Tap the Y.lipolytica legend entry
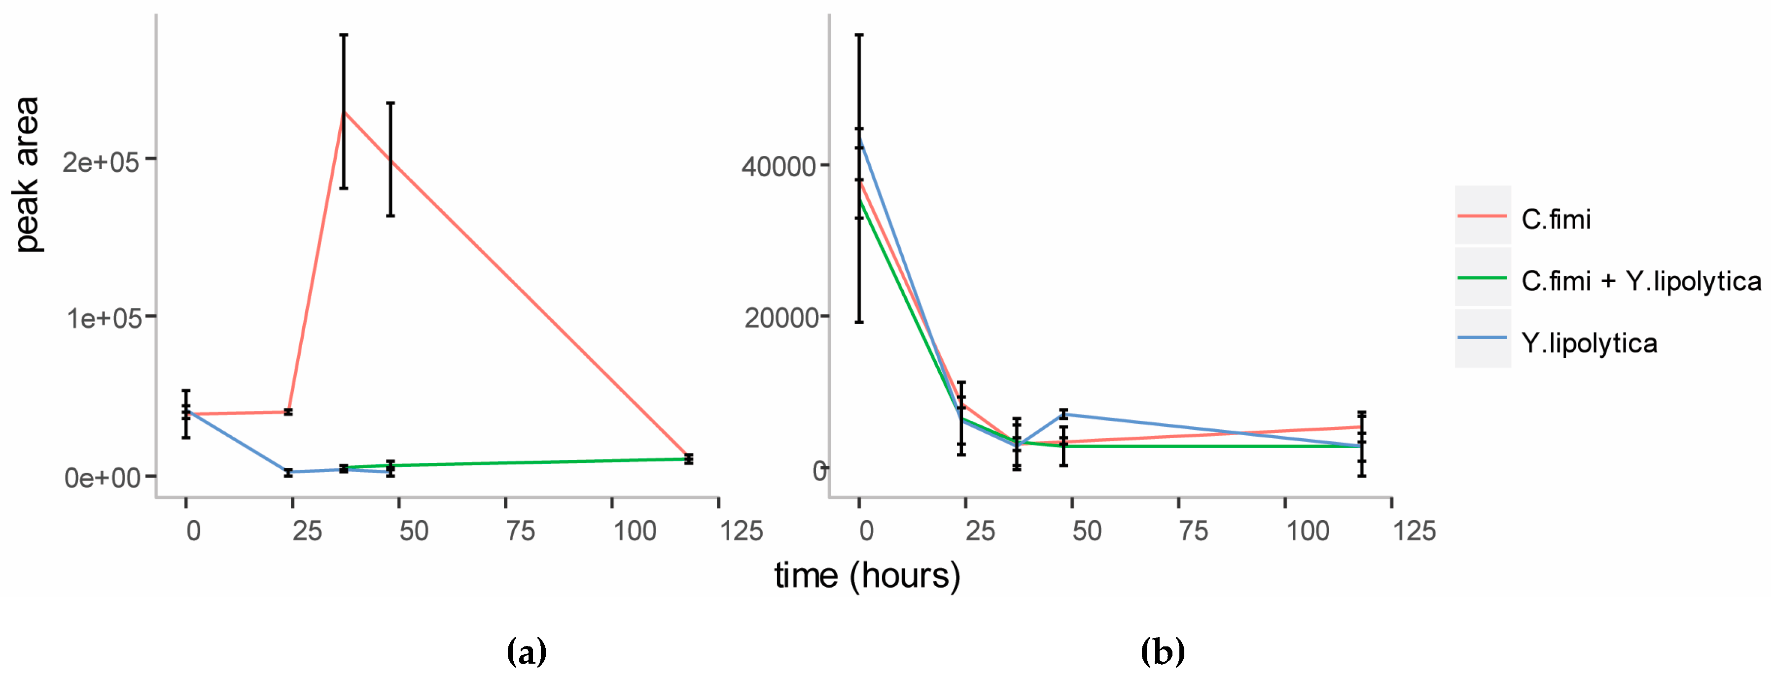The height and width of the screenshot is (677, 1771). (x=1589, y=342)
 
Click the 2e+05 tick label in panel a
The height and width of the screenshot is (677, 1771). (x=101, y=162)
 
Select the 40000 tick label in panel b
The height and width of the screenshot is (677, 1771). (x=778, y=166)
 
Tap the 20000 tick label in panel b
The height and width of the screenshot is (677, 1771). (x=780, y=318)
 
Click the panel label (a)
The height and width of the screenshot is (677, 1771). (x=527, y=650)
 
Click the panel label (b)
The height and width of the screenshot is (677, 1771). (x=1163, y=650)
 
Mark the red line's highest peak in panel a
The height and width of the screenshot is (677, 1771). (x=344, y=112)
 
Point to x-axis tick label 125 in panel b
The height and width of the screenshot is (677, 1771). (x=1414, y=531)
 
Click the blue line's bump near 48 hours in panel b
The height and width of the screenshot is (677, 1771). (x=1063, y=414)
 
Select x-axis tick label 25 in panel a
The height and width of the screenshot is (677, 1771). (x=307, y=531)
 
